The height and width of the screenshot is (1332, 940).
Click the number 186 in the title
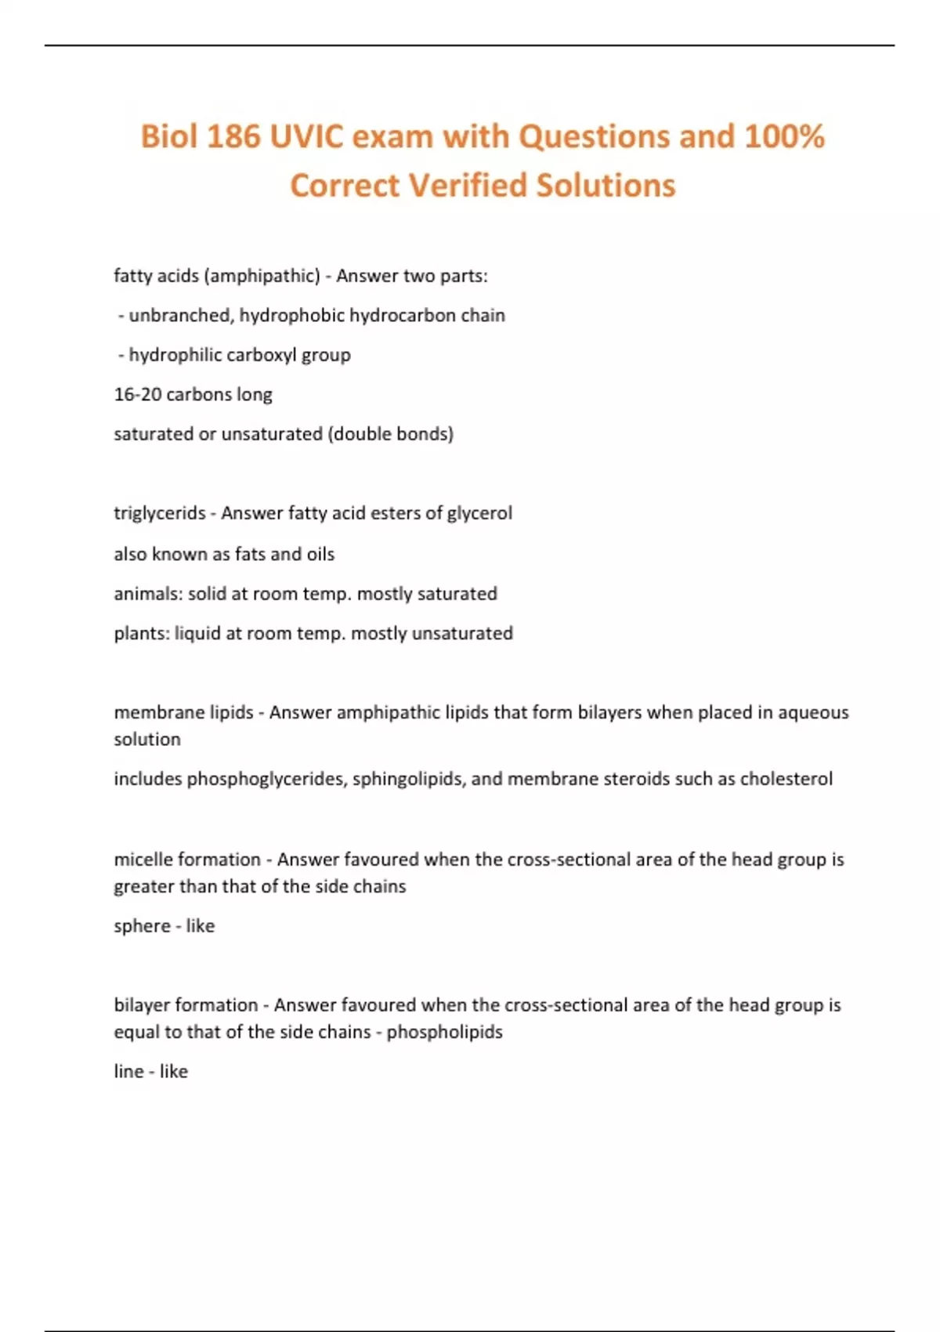pos(233,137)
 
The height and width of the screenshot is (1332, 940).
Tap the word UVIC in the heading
pos(307,137)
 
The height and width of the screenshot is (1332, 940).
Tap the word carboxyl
pos(261,355)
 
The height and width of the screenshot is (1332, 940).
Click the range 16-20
pos(137,394)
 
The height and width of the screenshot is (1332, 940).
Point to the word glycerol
pos(479,513)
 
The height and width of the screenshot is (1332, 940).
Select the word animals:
pos(148,594)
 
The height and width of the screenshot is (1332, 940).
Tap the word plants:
pos(142,633)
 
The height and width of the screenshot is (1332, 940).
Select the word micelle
pos(143,860)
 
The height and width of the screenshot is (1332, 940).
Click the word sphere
pos(142,926)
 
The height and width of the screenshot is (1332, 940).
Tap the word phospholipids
pos(444,1032)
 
